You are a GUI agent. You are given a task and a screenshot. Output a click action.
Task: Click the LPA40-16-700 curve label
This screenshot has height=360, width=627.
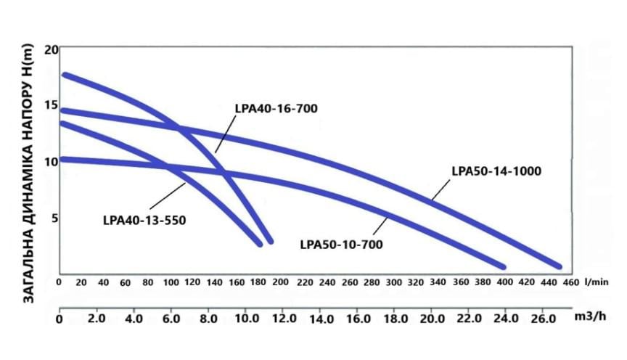276,108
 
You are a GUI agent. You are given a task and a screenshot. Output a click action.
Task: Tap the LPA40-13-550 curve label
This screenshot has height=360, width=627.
145,218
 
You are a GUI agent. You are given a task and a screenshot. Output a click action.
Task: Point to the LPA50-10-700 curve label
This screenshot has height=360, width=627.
341,244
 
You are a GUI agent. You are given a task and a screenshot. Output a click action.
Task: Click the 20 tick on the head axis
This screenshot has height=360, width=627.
50,50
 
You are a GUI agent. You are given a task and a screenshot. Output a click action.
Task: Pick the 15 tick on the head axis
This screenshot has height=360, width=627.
50,106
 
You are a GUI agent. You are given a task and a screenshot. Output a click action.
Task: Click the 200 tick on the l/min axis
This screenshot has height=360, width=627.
281,282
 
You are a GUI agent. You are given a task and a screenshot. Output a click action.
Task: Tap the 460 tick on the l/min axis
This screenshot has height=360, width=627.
571,282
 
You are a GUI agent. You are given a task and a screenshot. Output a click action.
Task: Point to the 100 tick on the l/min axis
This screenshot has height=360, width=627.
171,282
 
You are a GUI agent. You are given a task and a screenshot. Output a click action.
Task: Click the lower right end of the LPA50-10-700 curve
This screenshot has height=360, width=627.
501,265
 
